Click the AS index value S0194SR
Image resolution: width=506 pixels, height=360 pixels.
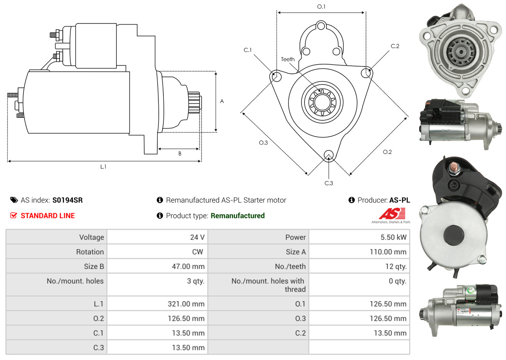click(x=68, y=200)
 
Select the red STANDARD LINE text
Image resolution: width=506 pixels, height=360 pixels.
click(x=48, y=216)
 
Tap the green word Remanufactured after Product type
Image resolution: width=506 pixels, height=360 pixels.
click(x=238, y=216)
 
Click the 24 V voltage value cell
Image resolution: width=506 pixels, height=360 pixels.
click(x=157, y=237)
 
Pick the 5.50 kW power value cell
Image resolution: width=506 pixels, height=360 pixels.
click(x=359, y=237)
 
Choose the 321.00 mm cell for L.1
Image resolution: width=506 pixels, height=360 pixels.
click(x=157, y=304)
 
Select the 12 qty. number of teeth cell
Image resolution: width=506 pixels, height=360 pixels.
click(x=359, y=267)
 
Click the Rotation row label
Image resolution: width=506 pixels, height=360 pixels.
click(x=90, y=252)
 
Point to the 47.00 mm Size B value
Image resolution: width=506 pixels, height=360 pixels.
click(x=188, y=267)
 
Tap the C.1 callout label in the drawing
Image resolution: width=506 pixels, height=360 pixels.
click(x=248, y=50)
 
